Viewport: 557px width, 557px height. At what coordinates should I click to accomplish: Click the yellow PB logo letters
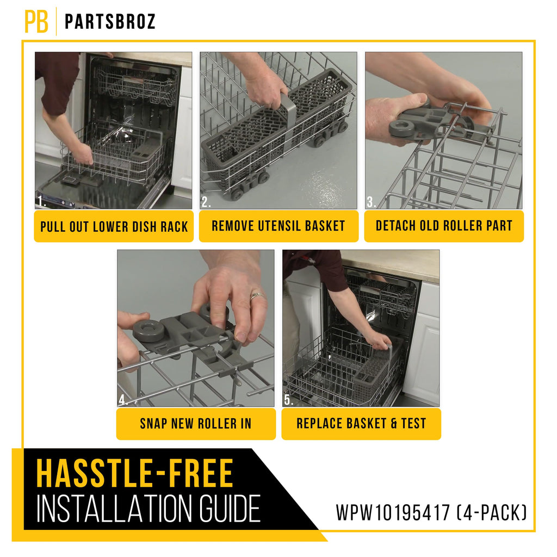[36, 21]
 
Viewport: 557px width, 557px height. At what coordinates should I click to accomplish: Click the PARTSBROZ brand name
[110, 22]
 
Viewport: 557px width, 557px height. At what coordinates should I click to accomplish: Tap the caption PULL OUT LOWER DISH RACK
[114, 227]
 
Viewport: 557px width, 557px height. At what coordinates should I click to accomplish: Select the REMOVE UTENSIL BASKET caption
[278, 226]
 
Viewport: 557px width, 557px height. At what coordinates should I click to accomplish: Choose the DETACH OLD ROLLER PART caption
[444, 226]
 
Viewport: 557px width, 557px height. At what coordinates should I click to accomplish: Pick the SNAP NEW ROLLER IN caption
[196, 423]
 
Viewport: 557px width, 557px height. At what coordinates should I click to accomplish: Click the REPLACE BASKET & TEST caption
[361, 423]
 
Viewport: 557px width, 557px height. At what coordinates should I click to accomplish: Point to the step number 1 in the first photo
[41, 201]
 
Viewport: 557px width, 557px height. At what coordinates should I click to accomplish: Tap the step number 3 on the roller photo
[371, 202]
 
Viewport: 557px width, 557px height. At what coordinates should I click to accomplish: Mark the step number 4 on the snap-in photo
[123, 400]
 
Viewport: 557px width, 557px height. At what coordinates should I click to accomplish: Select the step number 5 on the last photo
[289, 400]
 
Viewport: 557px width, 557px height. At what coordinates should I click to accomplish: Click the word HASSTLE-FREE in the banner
[135, 473]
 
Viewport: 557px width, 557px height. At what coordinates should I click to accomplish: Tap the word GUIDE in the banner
[230, 509]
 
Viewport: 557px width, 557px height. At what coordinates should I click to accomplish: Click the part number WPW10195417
[393, 512]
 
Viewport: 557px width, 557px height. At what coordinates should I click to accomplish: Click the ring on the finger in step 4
[257, 295]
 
